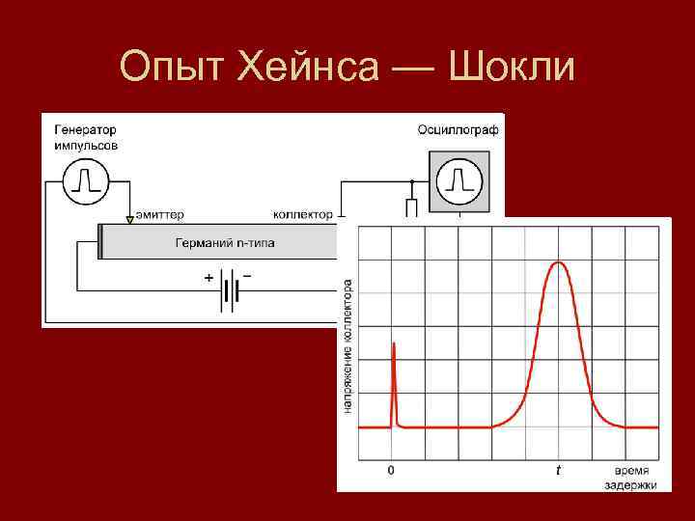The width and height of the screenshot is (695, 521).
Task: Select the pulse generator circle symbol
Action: coord(85,181)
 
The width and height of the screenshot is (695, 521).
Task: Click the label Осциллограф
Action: coord(458,130)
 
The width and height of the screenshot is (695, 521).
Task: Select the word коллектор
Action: coord(302,214)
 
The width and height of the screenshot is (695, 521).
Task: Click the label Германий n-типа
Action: coord(224,243)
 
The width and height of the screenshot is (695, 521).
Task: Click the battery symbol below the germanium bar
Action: coord(230,289)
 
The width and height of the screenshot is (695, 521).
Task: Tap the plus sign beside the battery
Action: coord(208,277)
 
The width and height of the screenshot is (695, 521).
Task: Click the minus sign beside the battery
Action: coord(248,276)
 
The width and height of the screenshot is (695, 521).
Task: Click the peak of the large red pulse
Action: coord(558,262)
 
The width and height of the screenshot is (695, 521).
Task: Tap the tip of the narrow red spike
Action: coord(393,342)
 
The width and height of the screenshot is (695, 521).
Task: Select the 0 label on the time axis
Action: coord(390,471)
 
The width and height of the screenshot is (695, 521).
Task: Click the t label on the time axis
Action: coord(557,471)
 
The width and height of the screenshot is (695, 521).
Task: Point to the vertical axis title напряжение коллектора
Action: coord(347,346)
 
